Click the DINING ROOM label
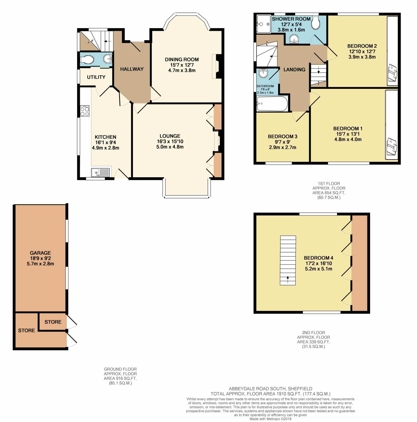182,59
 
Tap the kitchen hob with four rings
85,111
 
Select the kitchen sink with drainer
100,173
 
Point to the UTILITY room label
96,77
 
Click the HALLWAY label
132,69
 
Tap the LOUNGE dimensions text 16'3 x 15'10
170,141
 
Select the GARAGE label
40,253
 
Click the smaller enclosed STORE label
53,322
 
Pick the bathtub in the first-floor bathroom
272,104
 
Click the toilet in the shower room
316,23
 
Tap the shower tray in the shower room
264,24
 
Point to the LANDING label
295,70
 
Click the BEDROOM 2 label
362,46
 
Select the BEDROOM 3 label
283,137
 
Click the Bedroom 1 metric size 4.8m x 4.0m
348,139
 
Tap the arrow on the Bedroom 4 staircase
288,279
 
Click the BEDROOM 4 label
318,258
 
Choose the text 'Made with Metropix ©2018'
271,419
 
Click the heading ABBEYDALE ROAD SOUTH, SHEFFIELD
271,389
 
